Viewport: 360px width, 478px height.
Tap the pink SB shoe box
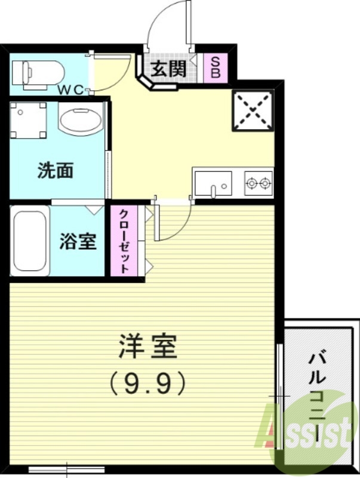click(x=215, y=69)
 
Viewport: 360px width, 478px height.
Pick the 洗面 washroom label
click(x=55, y=171)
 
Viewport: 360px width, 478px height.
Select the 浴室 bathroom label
click(x=78, y=242)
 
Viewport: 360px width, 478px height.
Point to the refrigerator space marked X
click(x=253, y=111)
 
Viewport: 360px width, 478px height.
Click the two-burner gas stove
click(x=259, y=182)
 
